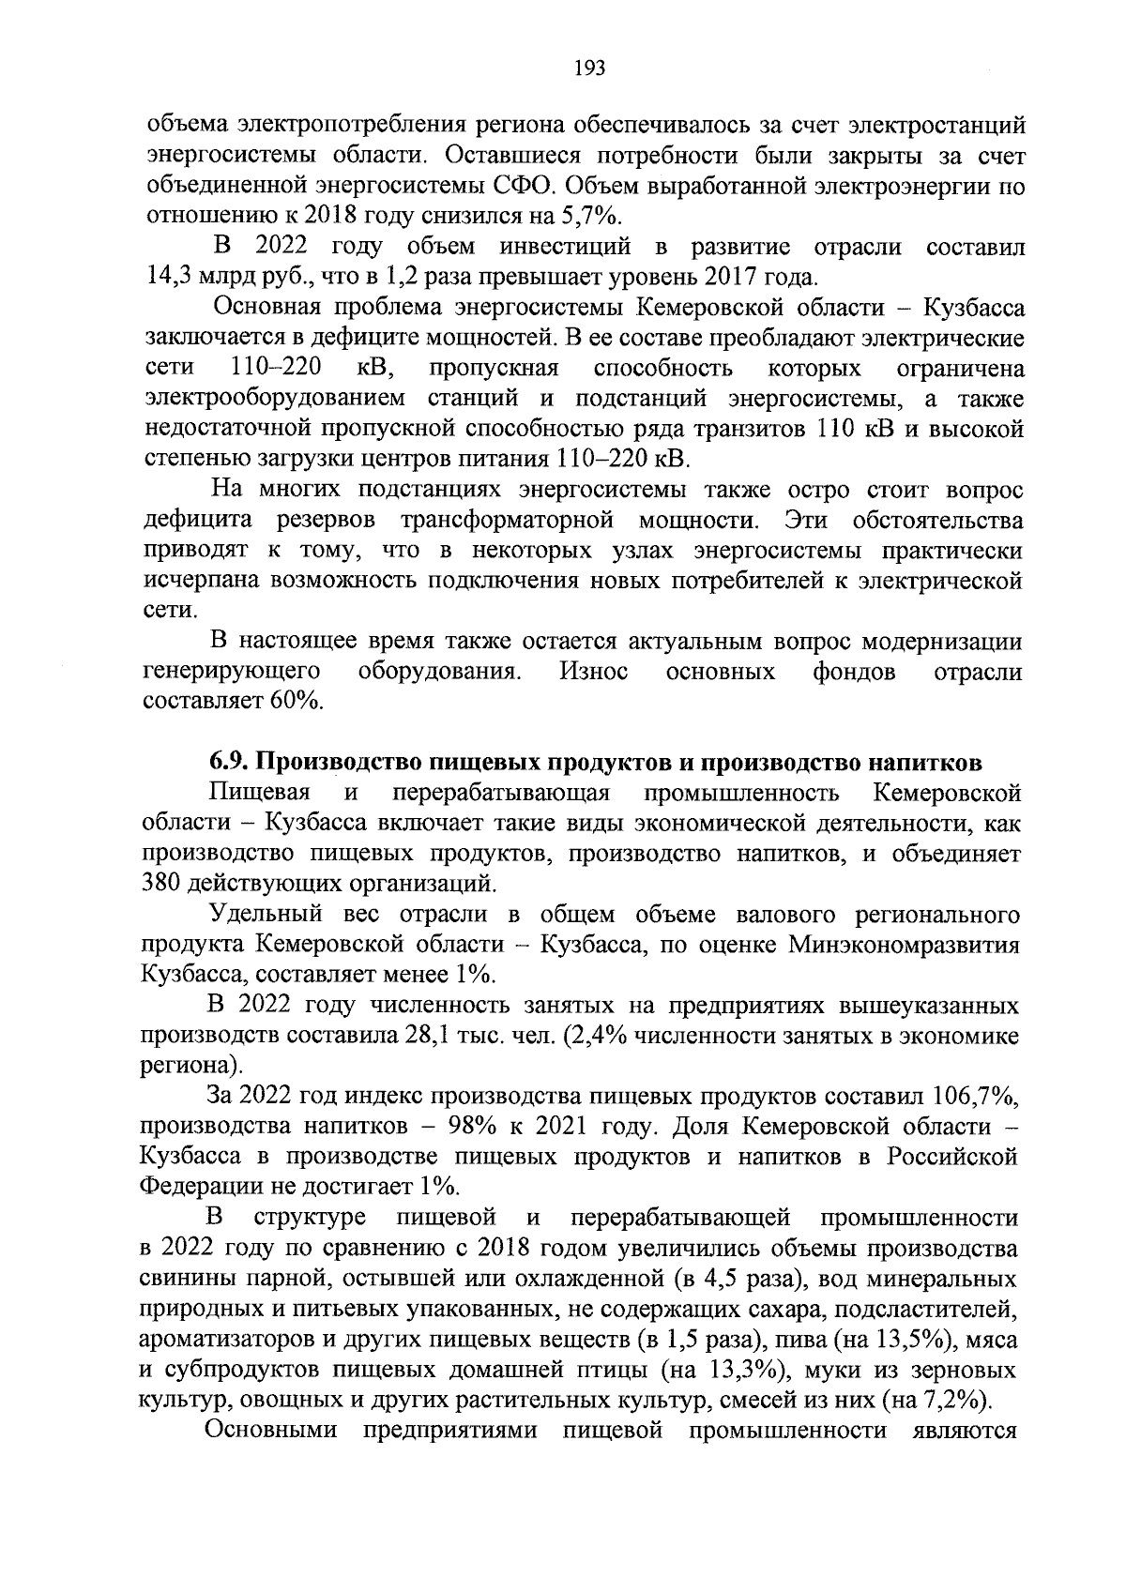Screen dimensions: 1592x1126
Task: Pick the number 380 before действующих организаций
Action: tap(161, 884)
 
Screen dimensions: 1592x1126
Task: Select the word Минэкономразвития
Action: tap(903, 945)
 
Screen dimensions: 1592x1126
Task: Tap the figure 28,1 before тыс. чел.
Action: tap(463, 1036)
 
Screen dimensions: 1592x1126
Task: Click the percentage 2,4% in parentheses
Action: tap(590, 1036)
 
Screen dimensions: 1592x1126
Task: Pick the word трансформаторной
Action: tap(508, 520)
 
